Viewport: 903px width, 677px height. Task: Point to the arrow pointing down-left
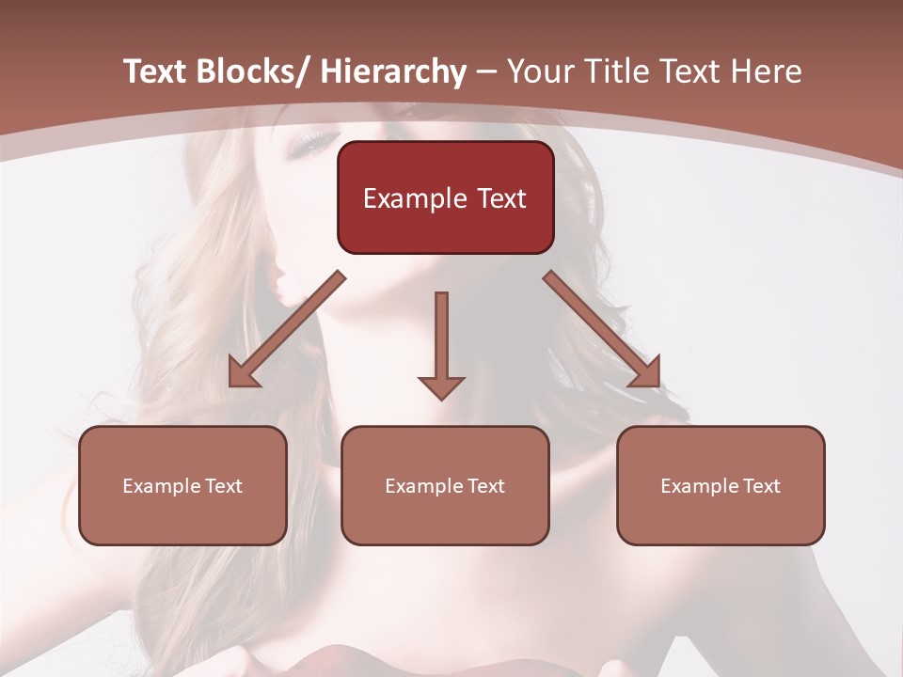coord(286,330)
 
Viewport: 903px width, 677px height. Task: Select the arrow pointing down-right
coord(602,330)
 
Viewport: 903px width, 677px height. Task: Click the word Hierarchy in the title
coord(392,72)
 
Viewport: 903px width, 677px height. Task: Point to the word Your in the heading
coord(539,72)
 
